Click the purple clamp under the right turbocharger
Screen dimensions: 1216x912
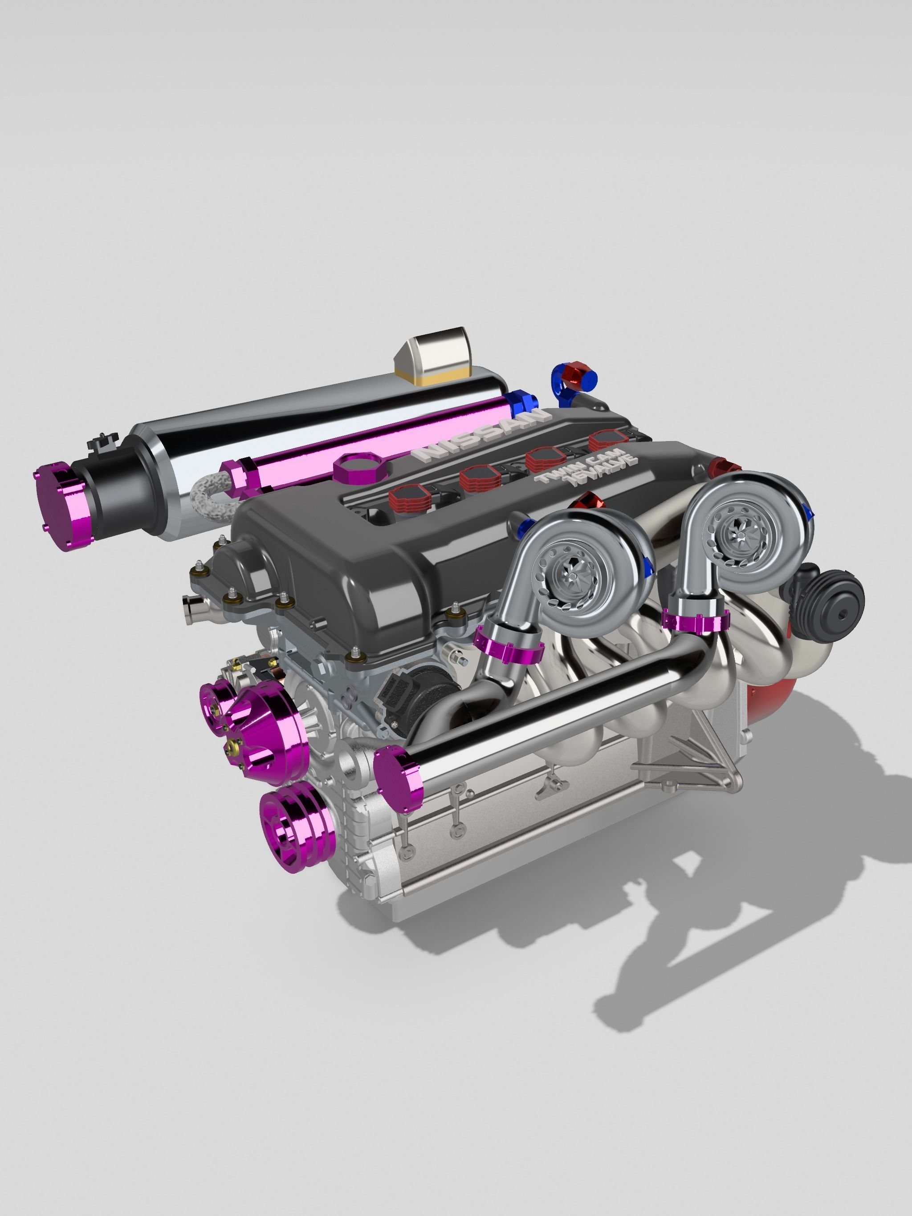click(x=694, y=622)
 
